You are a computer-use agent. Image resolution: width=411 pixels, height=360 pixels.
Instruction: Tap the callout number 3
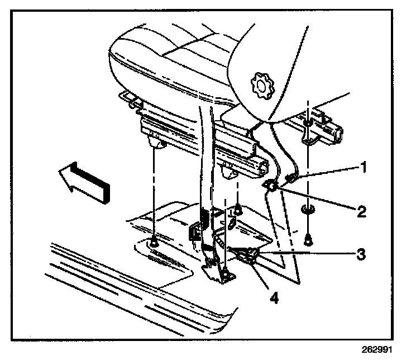(x=362, y=253)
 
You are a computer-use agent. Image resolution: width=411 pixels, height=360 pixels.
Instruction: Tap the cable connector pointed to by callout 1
(x=291, y=179)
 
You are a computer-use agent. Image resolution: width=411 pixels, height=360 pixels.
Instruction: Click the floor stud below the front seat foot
(x=153, y=242)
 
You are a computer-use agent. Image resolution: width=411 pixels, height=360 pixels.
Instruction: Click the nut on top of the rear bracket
(x=307, y=122)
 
